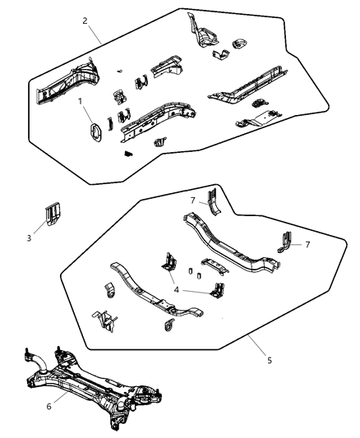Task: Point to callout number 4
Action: coord(176,288)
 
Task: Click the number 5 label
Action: coord(270,359)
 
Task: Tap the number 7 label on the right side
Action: coord(307,245)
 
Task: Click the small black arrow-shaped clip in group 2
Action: coord(127,152)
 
